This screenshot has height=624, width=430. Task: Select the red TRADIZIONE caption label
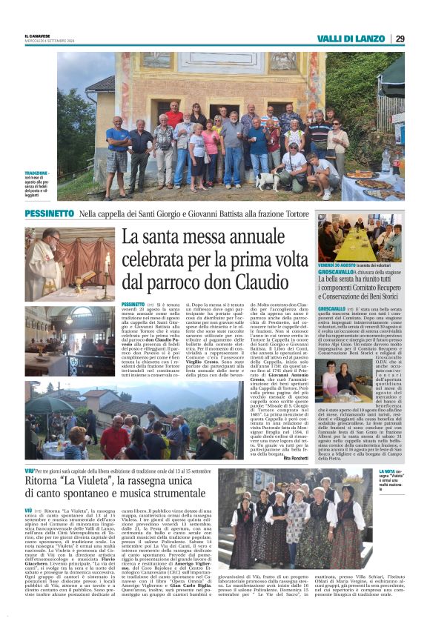[36, 173]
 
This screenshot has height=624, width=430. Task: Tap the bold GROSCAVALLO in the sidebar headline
[340, 272]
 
